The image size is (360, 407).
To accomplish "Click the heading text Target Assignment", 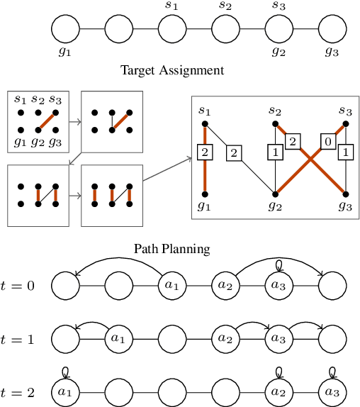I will [172, 70].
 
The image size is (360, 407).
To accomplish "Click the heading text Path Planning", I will [172, 249].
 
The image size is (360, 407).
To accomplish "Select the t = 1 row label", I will [18, 338].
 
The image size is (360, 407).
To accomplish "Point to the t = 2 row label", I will [18, 391].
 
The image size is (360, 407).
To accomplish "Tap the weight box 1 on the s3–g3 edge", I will [345, 151].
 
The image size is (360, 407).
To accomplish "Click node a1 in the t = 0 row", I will [172, 286].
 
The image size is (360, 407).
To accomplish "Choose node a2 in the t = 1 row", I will [225, 339].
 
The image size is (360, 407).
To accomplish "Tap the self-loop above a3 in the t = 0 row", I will [279, 265].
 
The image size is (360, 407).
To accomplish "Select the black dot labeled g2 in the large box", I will [275, 193].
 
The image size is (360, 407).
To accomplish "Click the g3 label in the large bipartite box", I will [345, 206].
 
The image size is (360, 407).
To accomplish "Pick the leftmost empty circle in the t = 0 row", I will [66, 286].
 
